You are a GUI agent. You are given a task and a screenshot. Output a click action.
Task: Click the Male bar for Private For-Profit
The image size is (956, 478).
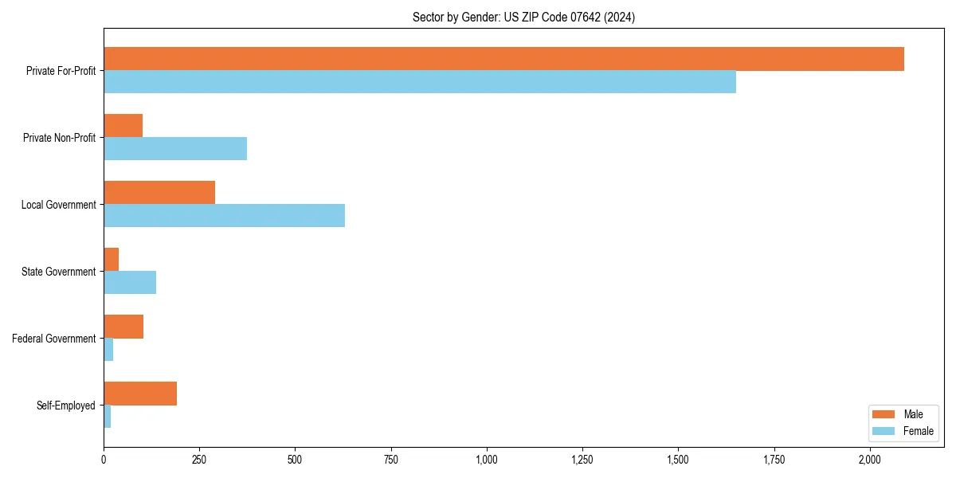click(x=503, y=59)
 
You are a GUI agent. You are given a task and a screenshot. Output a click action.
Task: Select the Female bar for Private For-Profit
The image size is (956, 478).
click(x=420, y=82)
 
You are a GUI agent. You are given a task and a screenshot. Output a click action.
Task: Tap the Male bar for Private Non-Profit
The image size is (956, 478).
click(x=123, y=126)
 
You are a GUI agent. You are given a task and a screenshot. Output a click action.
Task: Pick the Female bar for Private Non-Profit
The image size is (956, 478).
click(x=175, y=149)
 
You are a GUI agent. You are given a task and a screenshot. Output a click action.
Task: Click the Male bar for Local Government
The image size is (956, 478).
click(x=159, y=193)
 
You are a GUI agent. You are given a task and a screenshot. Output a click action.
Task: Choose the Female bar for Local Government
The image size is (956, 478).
click(x=224, y=216)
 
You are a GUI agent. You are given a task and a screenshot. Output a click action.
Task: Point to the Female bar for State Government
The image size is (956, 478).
click(x=130, y=283)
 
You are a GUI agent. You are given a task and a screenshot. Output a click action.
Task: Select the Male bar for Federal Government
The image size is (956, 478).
click(x=123, y=327)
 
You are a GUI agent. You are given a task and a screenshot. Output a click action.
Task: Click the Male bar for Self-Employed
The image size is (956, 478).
click(x=140, y=394)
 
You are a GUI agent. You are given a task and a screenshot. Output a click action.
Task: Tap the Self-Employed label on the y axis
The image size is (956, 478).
click(x=65, y=406)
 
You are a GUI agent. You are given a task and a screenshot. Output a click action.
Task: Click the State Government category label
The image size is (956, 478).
click(x=58, y=272)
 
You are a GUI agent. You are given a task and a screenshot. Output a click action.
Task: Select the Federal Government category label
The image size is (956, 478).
click(x=54, y=339)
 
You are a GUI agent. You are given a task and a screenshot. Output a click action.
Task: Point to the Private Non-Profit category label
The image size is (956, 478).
click(x=59, y=138)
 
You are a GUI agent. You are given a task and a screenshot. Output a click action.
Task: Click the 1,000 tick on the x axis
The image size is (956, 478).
click(x=487, y=460)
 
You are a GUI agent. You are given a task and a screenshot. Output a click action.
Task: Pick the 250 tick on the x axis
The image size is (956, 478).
click(x=199, y=460)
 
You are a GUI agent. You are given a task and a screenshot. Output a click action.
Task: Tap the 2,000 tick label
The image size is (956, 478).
click(x=870, y=460)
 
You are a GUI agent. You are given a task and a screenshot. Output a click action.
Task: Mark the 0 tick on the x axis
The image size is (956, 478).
click(x=104, y=460)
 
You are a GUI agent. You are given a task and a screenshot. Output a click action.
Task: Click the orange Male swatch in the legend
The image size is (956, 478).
click(x=884, y=414)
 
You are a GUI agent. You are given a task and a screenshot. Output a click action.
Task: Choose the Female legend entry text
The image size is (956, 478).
click(x=919, y=431)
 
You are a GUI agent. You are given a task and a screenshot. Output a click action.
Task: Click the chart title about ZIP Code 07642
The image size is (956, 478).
click(x=523, y=17)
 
